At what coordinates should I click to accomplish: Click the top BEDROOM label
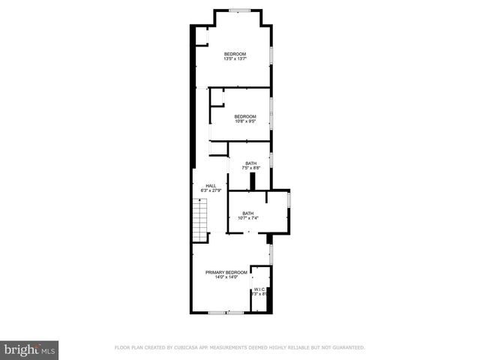click(235, 54)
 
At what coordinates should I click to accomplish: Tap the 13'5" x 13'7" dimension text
click(235, 59)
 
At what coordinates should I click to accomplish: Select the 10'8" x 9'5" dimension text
click(245, 121)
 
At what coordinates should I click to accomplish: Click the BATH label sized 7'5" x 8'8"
click(250, 163)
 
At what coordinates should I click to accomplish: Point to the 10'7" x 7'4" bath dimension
click(247, 218)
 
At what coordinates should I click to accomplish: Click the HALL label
click(211, 185)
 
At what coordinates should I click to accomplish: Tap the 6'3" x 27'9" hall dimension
click(211, 190)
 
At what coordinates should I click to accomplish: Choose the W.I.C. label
click(260, 289)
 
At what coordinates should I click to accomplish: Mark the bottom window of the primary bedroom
click(226, 312)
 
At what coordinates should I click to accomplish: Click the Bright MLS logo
click(29, 349)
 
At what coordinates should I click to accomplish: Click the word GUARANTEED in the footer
click(346, 348)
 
